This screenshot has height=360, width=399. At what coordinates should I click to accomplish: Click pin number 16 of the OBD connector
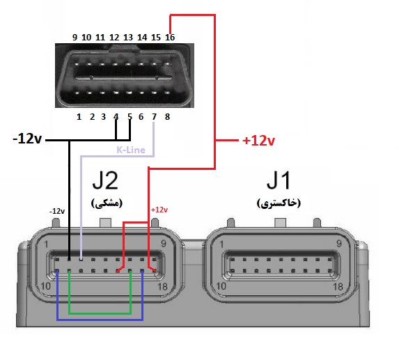click(170, 38)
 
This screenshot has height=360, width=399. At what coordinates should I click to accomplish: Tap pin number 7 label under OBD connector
click(154, 117)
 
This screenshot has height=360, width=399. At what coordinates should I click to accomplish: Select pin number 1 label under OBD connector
click(79, 117)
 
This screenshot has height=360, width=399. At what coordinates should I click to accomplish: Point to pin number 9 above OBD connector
click(75, 38)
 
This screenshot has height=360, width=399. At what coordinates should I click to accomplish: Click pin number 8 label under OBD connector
click(167, 117)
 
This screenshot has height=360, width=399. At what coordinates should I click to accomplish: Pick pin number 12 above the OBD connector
click(114, 38)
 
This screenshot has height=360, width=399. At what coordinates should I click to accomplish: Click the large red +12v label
click(259, 141)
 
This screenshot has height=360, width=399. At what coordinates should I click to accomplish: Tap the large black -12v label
click(27, 139)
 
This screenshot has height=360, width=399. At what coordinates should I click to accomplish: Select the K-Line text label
click(131, 150)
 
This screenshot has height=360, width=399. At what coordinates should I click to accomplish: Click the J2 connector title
click(105, 180)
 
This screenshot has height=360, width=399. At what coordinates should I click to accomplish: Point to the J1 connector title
click(279, 180)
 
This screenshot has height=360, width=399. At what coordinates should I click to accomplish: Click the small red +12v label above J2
click(159, 210)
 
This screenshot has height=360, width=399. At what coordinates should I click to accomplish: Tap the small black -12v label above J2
click(57, 211)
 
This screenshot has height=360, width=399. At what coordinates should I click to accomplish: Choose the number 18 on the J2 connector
click(163, 287)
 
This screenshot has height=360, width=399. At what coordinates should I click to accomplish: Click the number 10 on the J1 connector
click(221, 286)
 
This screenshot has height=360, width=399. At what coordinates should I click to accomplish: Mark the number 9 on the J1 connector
click(339, 244)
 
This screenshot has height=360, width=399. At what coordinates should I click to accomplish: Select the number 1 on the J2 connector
click(46, 244)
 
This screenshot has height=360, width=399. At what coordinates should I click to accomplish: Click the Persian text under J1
click(279, 203)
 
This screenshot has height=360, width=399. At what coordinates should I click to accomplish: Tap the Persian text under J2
click(107, 203)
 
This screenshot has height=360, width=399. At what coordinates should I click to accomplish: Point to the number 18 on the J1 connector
click(338, 287)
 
